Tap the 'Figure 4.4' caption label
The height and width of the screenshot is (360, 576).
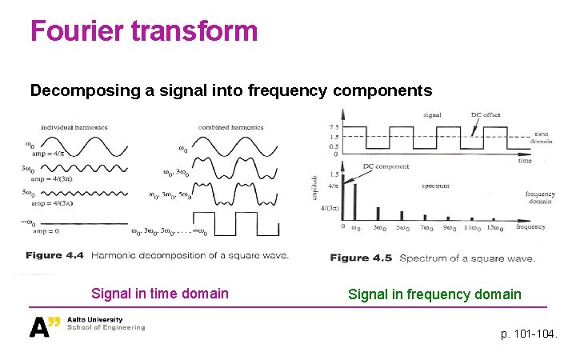[54, 256]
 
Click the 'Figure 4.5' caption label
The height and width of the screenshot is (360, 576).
[361, 258]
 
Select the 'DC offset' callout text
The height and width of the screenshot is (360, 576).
[485, 115]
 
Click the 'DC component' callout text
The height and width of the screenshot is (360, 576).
[386, 167]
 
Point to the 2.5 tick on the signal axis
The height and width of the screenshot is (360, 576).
[334, 126]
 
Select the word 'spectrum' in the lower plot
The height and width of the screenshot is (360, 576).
[437, 186]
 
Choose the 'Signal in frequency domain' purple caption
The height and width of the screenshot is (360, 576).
[434, 294]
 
